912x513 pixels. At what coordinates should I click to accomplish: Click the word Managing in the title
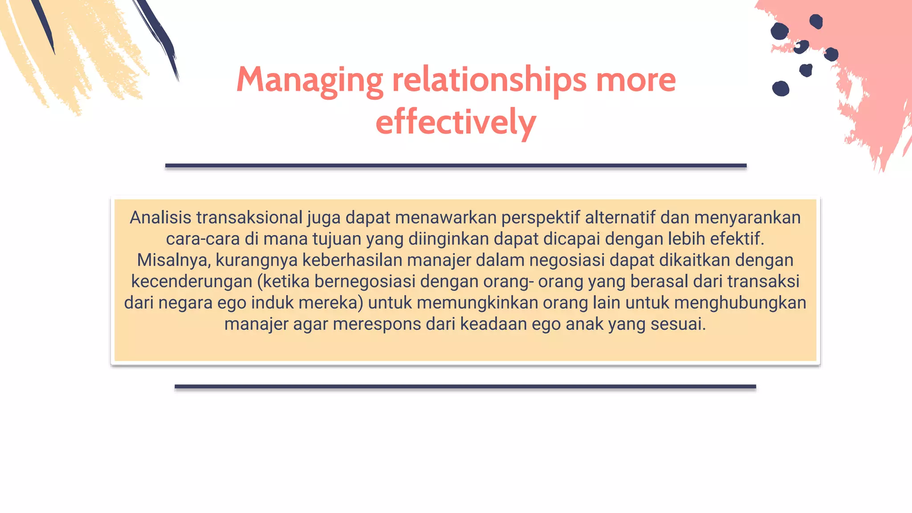(309, 80)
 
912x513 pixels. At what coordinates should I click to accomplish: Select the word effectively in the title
(456, 122)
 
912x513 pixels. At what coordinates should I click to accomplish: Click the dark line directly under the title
(456, 166)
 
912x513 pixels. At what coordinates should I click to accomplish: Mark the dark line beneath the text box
(465, 387)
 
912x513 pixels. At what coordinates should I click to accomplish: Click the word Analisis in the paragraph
(160, 218)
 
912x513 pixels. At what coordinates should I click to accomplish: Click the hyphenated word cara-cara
(203, 239)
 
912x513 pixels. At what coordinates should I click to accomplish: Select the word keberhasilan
(352, 260)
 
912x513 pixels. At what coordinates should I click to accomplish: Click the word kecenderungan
(192, 281)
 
